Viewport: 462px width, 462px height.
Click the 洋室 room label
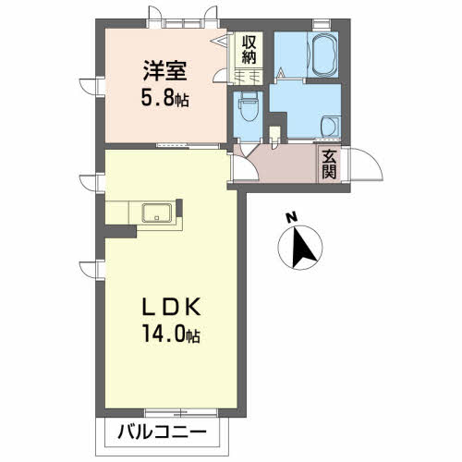click(x=165, y=71)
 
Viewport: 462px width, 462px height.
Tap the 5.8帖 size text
click(x=164, y=98)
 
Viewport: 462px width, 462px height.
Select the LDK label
click(x=171, y=307)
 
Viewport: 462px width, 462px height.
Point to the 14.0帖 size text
click(x=171, y=334)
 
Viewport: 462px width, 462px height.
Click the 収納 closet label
click(x=249, y=49)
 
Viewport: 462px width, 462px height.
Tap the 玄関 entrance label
click(x=329, y=165)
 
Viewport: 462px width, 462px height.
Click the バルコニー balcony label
click(x=162, y=432)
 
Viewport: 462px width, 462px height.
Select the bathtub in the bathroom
click(x=322, y=55)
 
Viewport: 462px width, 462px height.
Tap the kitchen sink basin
click(x=157, y=213)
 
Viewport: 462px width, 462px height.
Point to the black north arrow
click(x=301, y=248)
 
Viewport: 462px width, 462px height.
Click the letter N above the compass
click(x=291, y=217)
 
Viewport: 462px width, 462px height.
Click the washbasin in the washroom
click(x=330, y=127)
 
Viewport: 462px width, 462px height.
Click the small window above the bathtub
click(x=322, y=24)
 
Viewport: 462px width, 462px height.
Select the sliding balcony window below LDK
click(x=181, y=412)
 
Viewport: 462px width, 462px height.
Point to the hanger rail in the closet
click(x=248, y=75)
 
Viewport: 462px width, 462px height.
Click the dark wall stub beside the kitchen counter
click(x=120, y=231)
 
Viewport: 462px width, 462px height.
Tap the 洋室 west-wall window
click(x=100, y=87)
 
